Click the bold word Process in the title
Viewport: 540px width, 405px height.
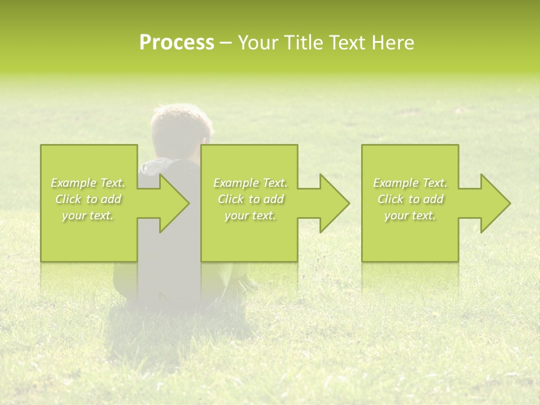[177, 43]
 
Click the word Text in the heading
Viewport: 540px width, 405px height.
[346, 43]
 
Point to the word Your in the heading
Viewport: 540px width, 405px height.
[258, 43]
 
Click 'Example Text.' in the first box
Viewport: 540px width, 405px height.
[88, 183]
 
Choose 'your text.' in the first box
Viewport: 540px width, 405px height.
[88, 215]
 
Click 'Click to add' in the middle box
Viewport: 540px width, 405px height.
[250, 199]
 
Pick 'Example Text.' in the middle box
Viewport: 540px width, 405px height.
[250, 183]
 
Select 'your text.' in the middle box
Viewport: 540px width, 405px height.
[250, 215]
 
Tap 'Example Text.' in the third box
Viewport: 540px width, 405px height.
[410, 183]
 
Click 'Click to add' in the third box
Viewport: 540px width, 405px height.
[410, 199]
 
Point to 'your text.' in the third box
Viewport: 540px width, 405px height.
[410, 215]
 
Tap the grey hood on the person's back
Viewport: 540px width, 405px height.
[157, 166]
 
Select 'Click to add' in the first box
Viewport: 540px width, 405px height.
[88, 199]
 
